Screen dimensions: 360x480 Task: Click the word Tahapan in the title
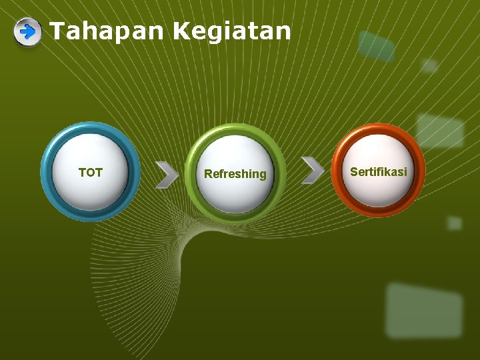click(x=107, y=31)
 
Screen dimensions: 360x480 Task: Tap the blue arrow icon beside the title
click(x=27, y=31)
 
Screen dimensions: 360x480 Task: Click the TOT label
click(x=91, y=173)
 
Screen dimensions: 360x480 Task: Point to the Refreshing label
click(x=235, y=174)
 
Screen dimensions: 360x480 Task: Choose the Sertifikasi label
click(x=378, y=172)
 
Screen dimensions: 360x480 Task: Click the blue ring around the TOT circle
click(x=47, y=172)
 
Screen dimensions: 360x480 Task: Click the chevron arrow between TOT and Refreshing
click(x=167, y=174)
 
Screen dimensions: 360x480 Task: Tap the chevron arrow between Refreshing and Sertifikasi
click(x=312, y=170)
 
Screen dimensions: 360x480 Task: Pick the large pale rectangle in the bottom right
click(x=424, y=310)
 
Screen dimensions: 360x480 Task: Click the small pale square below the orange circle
click(x=454, y=223)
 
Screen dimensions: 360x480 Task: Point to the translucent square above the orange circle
click(x=440, y=131)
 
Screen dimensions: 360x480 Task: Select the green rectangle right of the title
click(x=376, y=46)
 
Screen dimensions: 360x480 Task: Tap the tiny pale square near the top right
click(x=430, y=65)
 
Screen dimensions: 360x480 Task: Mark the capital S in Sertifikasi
click(x=354, y=172)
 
